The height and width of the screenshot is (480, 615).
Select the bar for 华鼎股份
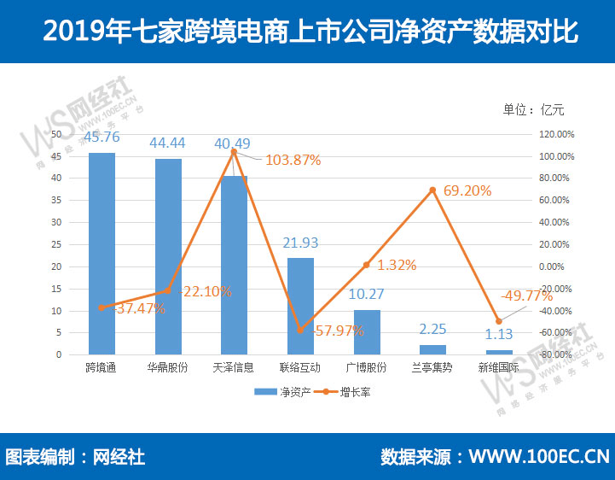[x=168, y=256]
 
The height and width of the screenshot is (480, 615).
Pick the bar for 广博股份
[x=367, y=331]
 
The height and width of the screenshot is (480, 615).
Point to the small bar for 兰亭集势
[x=432, y=349]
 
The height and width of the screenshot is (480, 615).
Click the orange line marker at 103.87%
[x=234, y=152]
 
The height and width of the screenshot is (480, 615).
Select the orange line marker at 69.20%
[x=432, y=190]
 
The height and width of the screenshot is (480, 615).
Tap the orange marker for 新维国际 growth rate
[x=499, y=321]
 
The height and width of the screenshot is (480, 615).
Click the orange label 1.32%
[x=397, y=265]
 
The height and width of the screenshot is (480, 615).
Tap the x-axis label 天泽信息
[x=234, y=368]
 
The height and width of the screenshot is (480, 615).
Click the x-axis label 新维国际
[x=499, y=368]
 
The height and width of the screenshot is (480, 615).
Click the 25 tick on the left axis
[x=56, y=244]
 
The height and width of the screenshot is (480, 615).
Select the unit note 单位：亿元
[x=534, y=109]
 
